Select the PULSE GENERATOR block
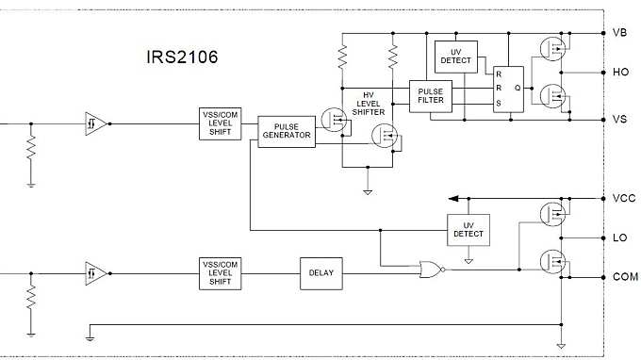pyautogui.click(x=288, y=131)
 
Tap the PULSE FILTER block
pyautogui.click(x=430, y=96)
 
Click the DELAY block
pyautogui.click(x=321, y=272)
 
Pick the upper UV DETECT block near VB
pyautogui.click(x=455, y=57)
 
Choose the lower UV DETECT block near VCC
pyautogui.click(x=468, y=228)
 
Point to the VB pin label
pyautogui.click(x=619, y=33)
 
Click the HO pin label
pyautogui.click(x=619, y=72)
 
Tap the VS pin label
pyautogui.click(x=619, y=120)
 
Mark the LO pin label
pyautogui.click(x=619, y=237)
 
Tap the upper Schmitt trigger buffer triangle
pyautogui.click(x=95, y=123)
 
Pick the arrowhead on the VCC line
pyautogui.click(x=454, y=199)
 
